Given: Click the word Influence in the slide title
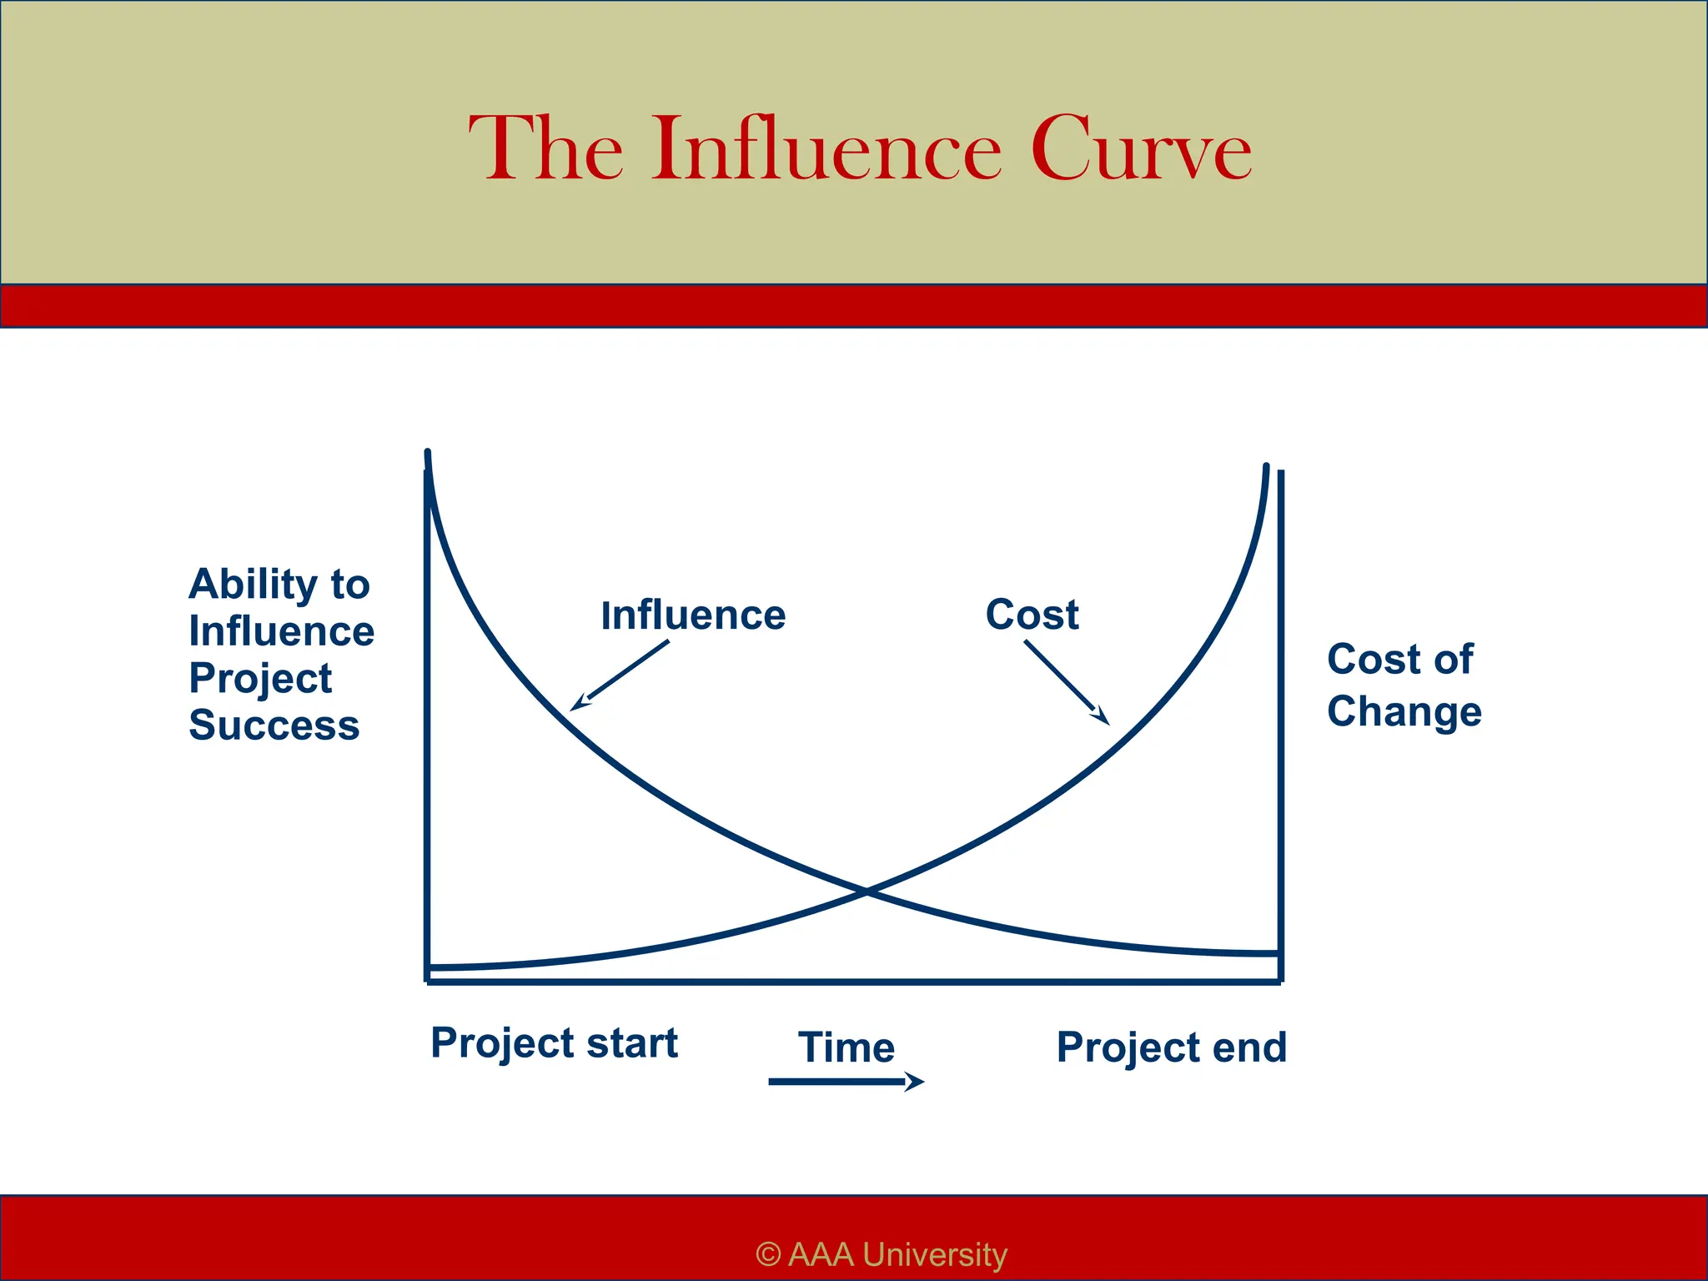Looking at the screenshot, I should coord(826,149).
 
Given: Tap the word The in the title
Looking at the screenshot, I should coord(546,149).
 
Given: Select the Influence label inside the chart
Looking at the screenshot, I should coord(693,615).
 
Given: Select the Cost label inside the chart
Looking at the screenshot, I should coord(1032,615).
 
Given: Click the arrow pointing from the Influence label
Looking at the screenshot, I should coord(620,676).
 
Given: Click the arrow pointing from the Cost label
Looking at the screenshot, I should coord(1067,682).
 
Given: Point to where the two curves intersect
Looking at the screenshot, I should coord(867,892).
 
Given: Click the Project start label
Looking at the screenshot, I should coord(554,1043).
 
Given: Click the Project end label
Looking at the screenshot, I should coord(1171,1047).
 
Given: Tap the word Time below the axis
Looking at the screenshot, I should coord(846,1047).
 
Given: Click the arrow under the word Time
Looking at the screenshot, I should coord(846,1082).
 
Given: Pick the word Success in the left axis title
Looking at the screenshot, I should coord(274,725).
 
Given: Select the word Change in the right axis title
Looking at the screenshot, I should coord(1404,712).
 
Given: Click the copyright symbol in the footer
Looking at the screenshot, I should coord(768,1254).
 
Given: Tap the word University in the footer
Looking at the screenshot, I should coord(934,1254).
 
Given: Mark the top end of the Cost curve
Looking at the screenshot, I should coord(1266,468).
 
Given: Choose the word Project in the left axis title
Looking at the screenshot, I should coord(260,679).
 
